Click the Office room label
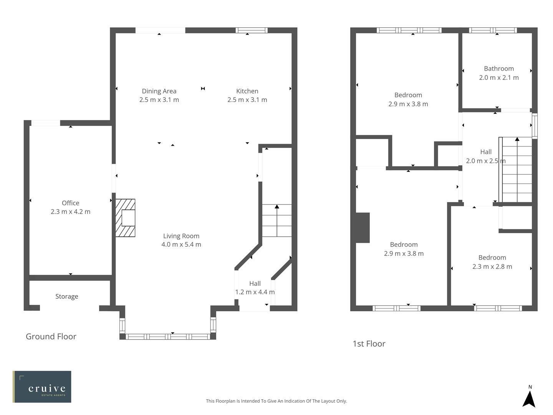(70, 203)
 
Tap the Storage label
(66, 296)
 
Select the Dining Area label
(159, 91)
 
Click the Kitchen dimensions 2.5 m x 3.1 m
(247, 100)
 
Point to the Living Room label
(181, 236)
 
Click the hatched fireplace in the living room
(126, 218)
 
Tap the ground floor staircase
(276, 221)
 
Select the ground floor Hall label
(255, 284)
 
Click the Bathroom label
(498, 69)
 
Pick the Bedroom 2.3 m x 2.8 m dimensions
(492, 267)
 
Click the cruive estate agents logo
(42, 387)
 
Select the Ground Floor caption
(51, 337)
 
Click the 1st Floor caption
(369, 344)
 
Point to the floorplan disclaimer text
(276, 401)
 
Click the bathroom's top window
(493, 30)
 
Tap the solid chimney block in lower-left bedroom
(363, 228)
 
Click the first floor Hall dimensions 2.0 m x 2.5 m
(485, 161)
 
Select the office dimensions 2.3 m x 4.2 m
(70, 212)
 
